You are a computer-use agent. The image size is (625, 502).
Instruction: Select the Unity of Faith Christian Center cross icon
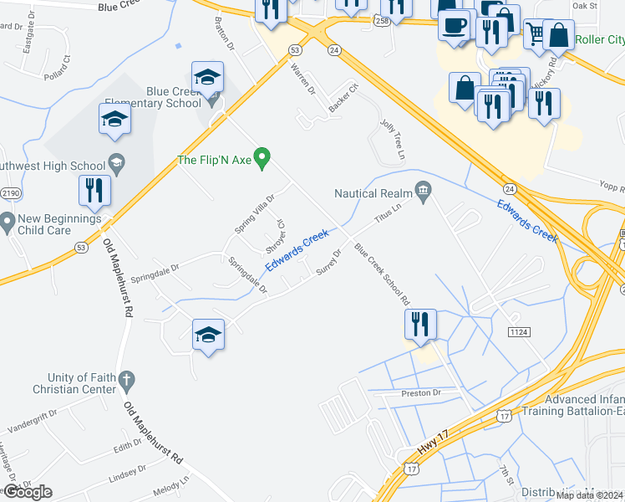pyautogui.click(x=126, y=382)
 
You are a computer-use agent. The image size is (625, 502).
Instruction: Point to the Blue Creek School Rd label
pyautogui.click(x=382, y=274)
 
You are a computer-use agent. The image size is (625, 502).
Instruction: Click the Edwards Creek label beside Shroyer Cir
pyautogui.click(x=297, y=250)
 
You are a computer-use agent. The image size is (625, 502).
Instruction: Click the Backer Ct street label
pyautogui.click(x=343, y=99)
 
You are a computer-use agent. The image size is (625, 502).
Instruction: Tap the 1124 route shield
pyautogui.click(x=518, y=332)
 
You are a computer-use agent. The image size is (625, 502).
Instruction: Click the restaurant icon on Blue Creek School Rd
pyautogui.click(x=420, y=325)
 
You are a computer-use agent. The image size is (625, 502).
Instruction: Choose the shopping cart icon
pyautogui.click(x=535, y=33)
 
